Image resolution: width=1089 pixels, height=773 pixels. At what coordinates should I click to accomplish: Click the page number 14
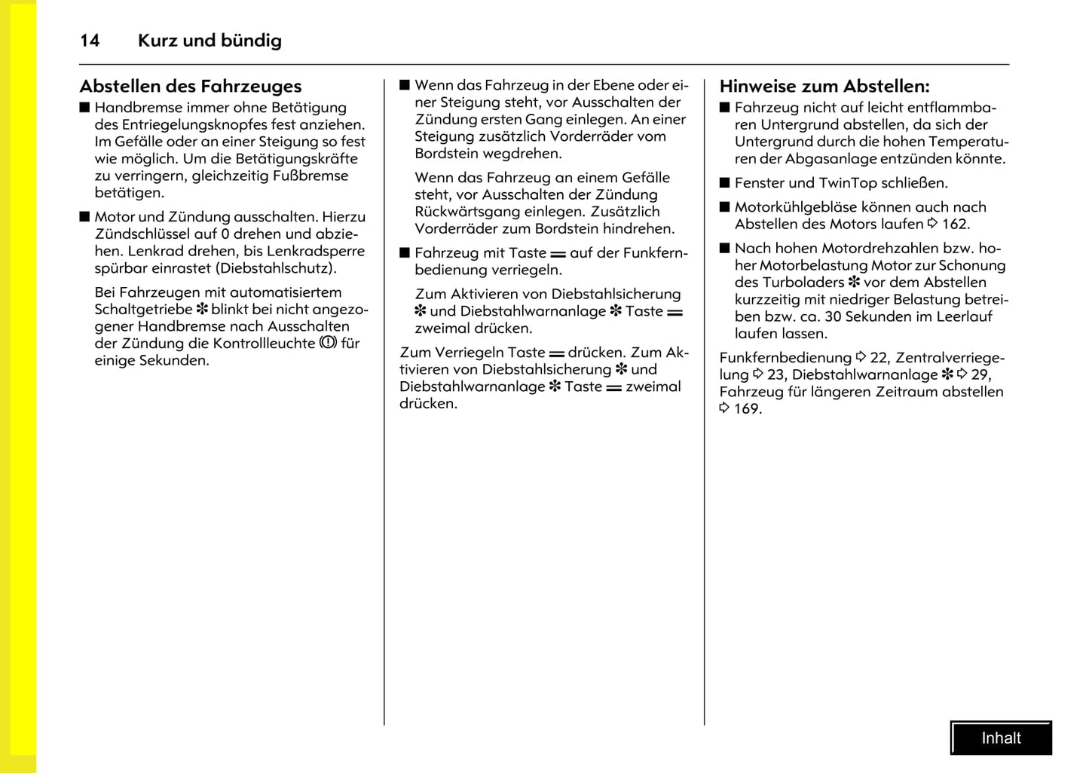tap(90, 41)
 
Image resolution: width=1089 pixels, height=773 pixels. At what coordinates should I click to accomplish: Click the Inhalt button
tap(1001, 738)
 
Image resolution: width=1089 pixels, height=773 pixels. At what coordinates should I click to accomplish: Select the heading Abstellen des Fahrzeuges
tap(191, 87)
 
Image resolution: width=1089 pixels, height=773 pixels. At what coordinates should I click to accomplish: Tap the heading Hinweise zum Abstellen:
tap(824, 87)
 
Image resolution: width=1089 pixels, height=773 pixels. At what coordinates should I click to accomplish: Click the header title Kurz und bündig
tap(210, 41)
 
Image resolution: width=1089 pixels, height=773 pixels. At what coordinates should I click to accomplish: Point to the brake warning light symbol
tap(328, 343)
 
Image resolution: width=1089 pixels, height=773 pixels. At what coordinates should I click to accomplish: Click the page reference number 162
tap(955, 225)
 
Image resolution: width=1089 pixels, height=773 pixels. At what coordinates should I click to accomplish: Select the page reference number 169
tap(747, 409)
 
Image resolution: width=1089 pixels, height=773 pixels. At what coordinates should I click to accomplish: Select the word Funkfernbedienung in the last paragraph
tap(785, 358)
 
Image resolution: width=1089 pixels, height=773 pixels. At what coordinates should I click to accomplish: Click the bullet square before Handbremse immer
tap(84, 108)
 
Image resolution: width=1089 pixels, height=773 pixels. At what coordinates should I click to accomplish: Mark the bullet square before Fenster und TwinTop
tap(725, 183)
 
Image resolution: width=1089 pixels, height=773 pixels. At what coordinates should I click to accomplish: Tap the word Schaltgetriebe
tap(143, 310)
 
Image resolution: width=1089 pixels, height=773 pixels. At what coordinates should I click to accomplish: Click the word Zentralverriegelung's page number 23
tap(775, 375)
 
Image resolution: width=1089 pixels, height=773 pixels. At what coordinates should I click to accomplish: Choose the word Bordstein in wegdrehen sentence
tap(446, 154)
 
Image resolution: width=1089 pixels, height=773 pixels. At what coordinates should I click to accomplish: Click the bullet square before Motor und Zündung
tap(84, 217)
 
